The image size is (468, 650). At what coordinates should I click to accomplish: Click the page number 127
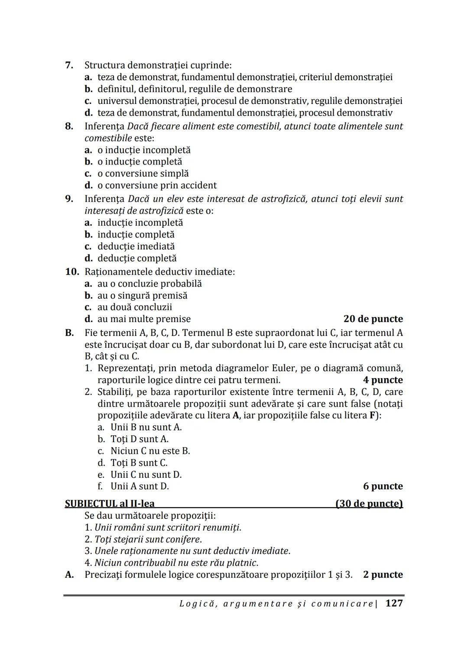click(394, 603)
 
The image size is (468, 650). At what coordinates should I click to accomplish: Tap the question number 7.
click(69, 65)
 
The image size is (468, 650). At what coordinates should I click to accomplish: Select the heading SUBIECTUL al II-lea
click(110, 504)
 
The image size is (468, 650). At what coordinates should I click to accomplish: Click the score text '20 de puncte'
click(373, 319)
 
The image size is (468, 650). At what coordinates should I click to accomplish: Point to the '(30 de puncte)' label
click(369, 504)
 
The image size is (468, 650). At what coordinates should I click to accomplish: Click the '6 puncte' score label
click(383, 486)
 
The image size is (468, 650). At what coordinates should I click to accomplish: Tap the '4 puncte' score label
click(383, 380)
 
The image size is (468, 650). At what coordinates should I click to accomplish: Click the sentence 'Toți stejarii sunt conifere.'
click(148, 540)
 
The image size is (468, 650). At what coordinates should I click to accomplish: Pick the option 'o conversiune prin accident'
click(157, 185)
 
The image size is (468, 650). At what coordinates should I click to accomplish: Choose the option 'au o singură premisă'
click(142, 296)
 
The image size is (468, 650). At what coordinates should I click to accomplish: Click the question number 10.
click(72, 272)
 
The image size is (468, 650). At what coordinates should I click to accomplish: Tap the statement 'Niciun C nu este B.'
click(150, 451)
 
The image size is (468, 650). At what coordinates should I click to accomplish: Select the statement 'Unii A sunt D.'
click(140, 486)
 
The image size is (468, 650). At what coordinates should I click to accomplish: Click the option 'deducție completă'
click(137, 258)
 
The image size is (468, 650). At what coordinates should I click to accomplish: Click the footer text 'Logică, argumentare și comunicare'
click(276, 604)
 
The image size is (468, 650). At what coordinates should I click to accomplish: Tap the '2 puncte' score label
click(383, 575)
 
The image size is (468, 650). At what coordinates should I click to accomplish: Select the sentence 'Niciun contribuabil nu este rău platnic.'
click(176, 563)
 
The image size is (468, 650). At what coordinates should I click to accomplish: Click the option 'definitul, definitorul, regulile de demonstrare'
click(195, 89)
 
